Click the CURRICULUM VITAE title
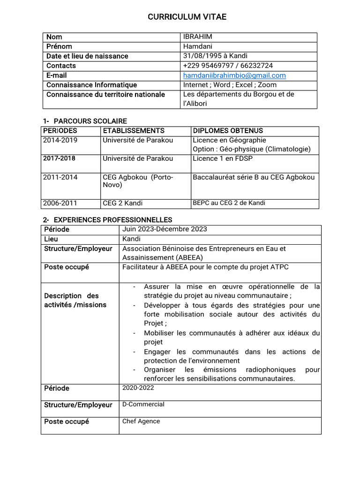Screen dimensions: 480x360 coord(187,17)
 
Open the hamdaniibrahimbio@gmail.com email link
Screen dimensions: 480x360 coord(234,75)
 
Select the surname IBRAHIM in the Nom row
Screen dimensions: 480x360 coord(197,37)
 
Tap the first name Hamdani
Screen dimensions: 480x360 coord(197,46)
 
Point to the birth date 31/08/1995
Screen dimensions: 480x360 coord(201,56)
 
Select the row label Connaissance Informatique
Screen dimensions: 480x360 coord(91,85)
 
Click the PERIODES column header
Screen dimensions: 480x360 coord(60,131)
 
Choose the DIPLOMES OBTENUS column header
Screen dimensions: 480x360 coord(228,131)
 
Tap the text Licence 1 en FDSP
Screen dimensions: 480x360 coord(223,158)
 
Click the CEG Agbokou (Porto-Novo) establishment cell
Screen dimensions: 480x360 coord(138,181)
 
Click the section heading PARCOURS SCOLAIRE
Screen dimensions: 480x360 coord(90,121)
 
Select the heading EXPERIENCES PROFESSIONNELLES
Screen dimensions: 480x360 coord(113,220)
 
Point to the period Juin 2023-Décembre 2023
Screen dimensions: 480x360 coord(165,229)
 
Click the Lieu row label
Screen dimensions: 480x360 coord(51,239)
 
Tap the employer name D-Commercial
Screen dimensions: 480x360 coord(143,404)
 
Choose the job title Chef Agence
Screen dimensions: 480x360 coord(141,421)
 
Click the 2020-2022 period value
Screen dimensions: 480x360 coord(138,388)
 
